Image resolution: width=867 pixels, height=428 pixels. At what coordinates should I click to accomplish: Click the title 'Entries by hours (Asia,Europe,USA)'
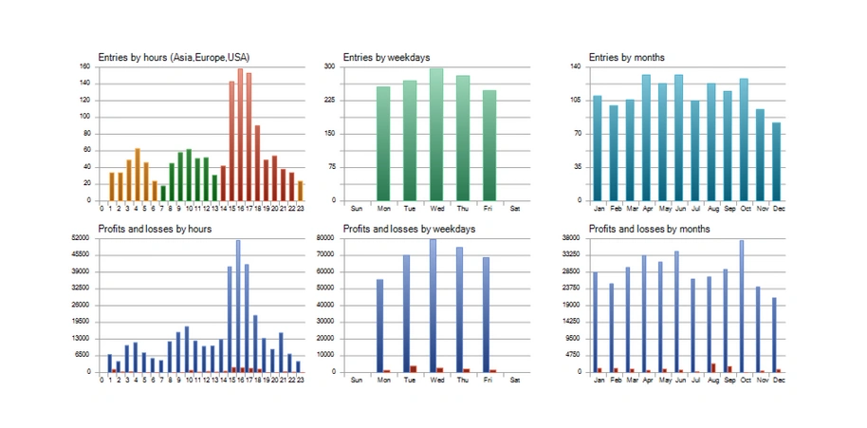pos(174,58)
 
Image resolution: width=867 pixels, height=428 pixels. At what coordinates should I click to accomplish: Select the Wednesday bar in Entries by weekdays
pos(436,134)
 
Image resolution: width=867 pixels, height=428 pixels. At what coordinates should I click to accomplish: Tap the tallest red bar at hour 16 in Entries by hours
pos(240,134)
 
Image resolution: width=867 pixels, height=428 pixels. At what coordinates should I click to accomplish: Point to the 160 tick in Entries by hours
pos(84,66)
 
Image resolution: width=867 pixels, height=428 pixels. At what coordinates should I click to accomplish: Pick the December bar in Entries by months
pos(777,161)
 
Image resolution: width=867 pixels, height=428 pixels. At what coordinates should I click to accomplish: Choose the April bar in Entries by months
pos(646,138)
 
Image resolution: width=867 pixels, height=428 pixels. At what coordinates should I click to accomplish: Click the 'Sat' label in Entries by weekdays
pos(515,207)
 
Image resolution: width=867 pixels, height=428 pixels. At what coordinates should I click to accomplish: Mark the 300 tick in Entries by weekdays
pos(329,66)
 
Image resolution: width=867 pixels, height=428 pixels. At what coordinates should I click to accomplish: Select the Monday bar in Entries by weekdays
pos(383,143)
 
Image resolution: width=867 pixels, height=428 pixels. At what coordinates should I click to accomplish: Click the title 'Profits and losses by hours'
pos(155,229)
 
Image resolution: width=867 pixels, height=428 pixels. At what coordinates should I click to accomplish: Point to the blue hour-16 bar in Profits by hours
pos(238,306)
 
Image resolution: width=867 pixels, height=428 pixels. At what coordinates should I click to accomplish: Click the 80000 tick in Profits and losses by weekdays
pos(326,238)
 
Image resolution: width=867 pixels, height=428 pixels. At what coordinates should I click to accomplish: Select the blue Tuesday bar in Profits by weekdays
pos(406,313)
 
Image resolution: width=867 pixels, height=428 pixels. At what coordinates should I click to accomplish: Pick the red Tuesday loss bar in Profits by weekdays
pos(414,368)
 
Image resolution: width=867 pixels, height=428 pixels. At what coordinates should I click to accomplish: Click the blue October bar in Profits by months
pos(741,306)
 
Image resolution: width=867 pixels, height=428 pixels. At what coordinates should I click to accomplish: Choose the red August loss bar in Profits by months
pos(713,367)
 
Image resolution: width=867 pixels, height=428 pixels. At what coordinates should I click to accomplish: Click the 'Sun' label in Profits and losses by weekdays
pos(357,380)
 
